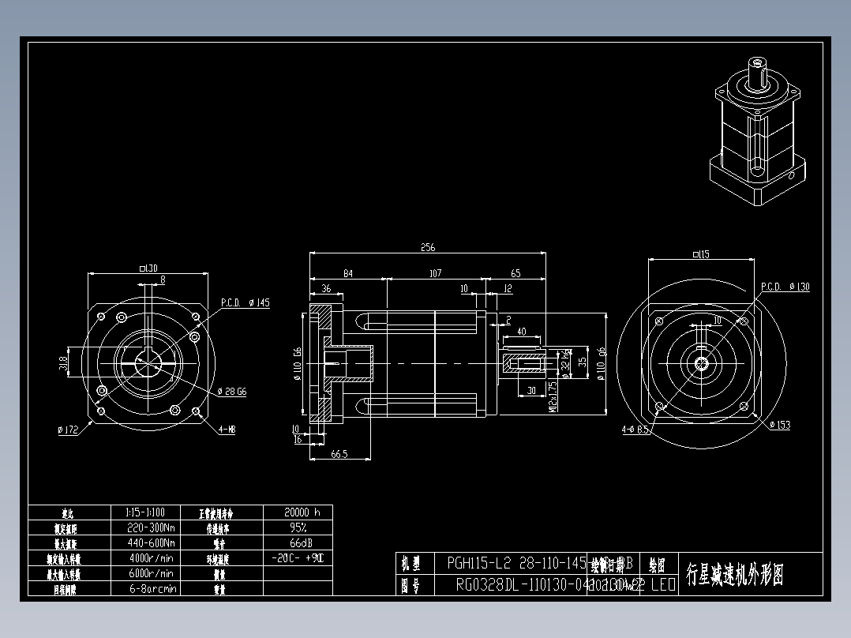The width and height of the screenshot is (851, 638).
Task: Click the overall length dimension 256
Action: coord(427,248)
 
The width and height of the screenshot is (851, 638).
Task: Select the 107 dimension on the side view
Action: coord(434,273)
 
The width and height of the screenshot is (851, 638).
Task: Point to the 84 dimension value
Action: coord(347,273)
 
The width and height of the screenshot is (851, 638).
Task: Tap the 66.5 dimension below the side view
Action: coord(340,454)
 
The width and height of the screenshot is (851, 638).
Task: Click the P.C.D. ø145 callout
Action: coord(246,302)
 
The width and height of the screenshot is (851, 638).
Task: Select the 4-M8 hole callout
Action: coord(227,429)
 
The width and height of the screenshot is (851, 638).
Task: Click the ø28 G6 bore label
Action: coord(232,391)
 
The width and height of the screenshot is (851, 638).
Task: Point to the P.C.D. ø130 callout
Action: coord(785,287)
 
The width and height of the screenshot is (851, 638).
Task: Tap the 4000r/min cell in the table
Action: coord(151,558)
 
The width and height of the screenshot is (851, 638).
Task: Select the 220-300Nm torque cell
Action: coord(151,527)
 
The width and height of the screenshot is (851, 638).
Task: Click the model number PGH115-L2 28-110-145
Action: coord(516,564)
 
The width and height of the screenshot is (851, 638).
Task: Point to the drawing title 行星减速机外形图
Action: coord(734,574)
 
